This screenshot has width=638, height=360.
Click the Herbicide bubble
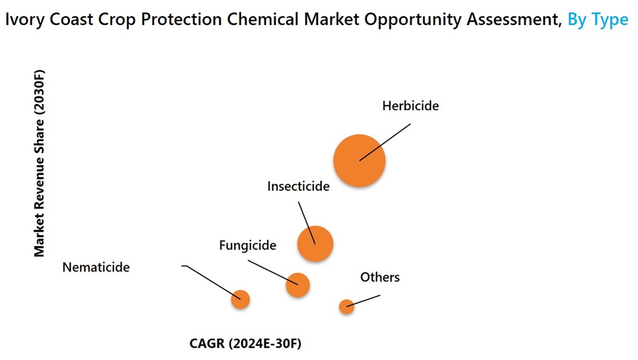pos(359,161)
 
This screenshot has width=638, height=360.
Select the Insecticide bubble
pos(316,244)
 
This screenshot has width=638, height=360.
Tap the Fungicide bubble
pos(298,285)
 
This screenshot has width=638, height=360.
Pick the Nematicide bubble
pos(240,300)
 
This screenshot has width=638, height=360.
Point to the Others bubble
pos(347,306)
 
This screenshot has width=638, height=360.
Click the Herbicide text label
pos(411,106)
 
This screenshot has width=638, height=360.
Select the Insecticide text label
pos(298,186)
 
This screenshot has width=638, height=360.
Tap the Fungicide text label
pos(247,245)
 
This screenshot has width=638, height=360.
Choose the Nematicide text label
pos(96,267)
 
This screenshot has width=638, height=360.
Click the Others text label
pos(380,277)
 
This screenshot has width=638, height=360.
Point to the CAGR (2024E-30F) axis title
pos(245,343)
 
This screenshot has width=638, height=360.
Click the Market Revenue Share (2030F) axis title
pos(39,163)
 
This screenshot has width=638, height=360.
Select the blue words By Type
pos(598,20)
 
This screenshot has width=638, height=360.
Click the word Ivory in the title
pos(25,20)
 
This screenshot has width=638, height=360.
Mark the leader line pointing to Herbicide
pos(385,143)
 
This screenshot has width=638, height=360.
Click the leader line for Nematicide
pos(212,282)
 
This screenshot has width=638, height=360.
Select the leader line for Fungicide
pos(273,273)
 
